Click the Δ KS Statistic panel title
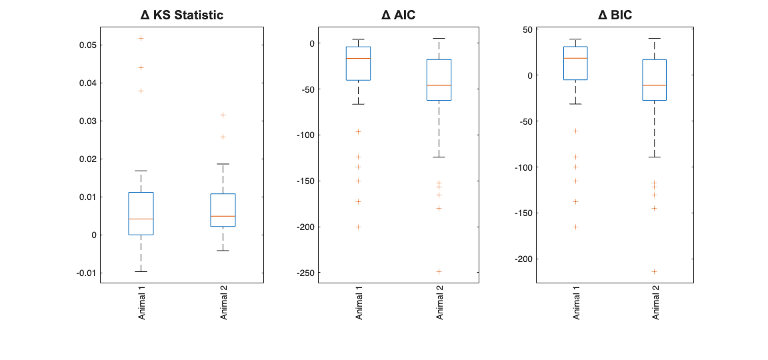pyautogui.click(x=181, y=15)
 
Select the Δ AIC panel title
pyautogui.click(x=398, y=15)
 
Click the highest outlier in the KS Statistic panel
pyautogui.click(x=141, y=38)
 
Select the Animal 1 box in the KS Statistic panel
pyautogui.click(x=141, y=213)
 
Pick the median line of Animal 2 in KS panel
pyautogui.click(x=223, y=216)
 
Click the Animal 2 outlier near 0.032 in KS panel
pyautogui.click(x=223, y=115)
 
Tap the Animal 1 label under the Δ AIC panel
pyautogui.click(x=359, y=304)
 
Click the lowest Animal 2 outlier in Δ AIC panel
pyautogui.click(x=439, y=271)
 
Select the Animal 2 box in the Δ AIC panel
pyautogui.click(x=439, y=80)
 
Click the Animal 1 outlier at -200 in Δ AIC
pyautogui.click(x=358, y=227)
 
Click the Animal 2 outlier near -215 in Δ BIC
pyautogui.click(x=655, y=271)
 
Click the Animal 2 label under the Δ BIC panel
pyautogui.click(x=656, y=304)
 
